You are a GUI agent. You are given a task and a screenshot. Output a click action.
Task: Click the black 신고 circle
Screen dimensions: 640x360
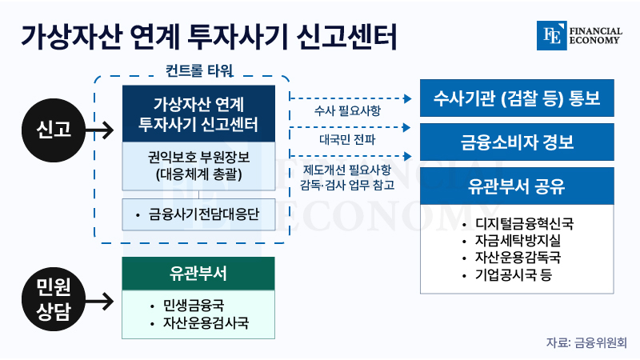tap(54, 130)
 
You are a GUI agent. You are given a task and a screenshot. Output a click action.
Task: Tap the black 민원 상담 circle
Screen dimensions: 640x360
tap(54, 299)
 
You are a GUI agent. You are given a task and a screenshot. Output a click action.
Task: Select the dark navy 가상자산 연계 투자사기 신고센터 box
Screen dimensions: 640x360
tap(198, 114)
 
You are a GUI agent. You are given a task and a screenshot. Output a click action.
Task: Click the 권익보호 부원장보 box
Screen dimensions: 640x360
tap(198, 166)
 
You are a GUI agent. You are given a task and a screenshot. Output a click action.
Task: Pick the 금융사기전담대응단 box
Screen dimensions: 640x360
tap(198, 214)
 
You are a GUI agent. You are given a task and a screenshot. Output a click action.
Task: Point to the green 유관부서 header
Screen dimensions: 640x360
tap(198, 274)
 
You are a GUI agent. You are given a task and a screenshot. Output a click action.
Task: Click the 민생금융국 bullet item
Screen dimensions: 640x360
tap(187, 306)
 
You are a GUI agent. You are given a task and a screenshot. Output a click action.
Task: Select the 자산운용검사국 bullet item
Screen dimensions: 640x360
tap(199, 323)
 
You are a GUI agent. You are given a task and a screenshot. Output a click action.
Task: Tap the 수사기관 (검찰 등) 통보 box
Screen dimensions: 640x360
tap(517, 98)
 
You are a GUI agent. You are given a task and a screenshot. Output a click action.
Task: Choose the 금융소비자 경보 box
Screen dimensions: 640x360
tap(517, 142)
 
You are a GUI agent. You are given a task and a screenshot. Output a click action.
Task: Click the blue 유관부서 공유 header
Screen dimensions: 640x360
tap(517, 186)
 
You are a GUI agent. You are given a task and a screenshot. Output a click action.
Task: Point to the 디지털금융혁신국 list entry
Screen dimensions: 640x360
tap(518, 224)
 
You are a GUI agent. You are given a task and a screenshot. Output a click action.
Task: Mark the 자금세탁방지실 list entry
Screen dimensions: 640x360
tap(512, 241)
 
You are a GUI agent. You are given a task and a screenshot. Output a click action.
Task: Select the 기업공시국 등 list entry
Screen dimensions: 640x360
tap(507, 274)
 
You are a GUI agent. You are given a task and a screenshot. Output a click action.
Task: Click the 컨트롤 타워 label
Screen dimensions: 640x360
tap(199, 71)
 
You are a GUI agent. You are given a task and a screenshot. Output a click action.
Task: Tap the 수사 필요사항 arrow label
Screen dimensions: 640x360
tap(347, 110)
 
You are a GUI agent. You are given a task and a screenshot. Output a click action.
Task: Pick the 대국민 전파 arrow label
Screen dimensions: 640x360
tap(347, 139)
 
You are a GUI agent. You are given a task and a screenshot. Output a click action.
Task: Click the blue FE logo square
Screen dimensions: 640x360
tap(552, 35)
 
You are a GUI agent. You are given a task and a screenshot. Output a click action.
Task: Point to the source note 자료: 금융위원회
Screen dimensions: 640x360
tap(586, 342)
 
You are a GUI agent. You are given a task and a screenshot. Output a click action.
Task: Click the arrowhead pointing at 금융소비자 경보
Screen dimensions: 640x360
tap(407, 127)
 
